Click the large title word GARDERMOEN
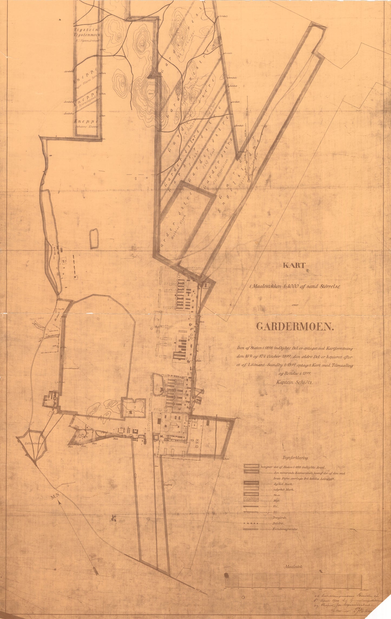[x=295, y=327]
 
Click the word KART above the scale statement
[x=294, y=265]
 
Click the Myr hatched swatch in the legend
[x=251, y=501]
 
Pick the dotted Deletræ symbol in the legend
[x=251, y=523]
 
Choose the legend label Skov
[x=277, y=495]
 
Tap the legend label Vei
[x=276, y=506]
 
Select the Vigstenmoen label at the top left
[x=87, y=35]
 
